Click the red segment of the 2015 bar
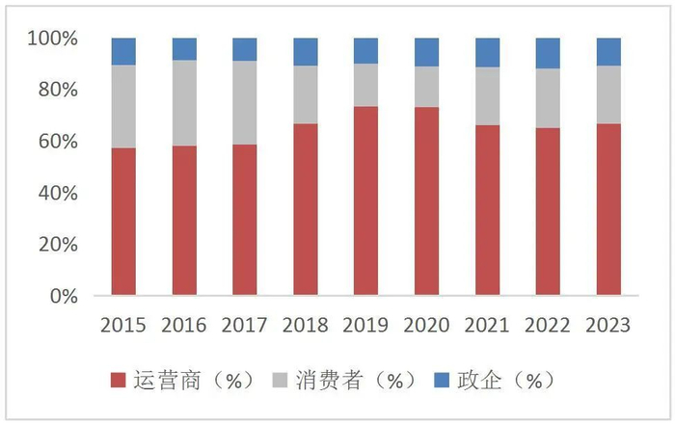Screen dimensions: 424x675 click(123, 222)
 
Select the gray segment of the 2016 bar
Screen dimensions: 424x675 click(184, 103)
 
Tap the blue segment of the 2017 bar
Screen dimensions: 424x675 click(245, 49)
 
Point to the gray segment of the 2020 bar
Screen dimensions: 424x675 click(426, 87)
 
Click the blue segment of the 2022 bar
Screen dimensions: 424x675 click(548, 53)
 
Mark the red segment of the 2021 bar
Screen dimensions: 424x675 click(487, 210)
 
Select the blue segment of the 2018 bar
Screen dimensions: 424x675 click(306, 52)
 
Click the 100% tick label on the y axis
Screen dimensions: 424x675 click(53, 39)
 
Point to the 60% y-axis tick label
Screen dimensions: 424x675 click(58, 142)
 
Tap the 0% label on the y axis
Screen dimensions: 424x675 click(63, 296)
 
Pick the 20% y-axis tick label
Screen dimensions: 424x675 click(58, 245)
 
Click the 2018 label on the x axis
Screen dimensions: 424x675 click(305, 325)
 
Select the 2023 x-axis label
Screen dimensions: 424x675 click(607, 325)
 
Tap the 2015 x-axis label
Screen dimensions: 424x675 click(123, 325)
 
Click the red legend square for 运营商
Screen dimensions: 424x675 click(120, 381)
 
